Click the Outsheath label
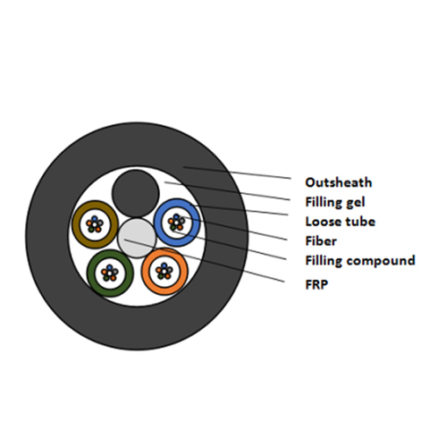339,182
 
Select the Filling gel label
335,202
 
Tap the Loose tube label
341,222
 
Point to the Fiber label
321,241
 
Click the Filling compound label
360,261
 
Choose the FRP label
316,284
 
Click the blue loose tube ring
157,223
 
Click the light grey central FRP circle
137,238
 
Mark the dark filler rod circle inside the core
136,193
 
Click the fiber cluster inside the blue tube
177,223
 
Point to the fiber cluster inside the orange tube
164,271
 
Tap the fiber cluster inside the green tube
110,273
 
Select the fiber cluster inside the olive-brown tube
95,224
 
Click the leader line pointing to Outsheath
237,172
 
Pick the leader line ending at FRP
205,260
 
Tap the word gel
356,203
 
